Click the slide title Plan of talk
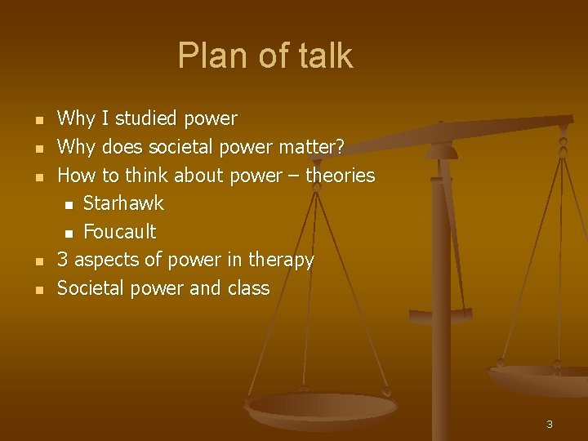[x=265, y=56]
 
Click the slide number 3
[x=549, y=424]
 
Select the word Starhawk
[x=123, y=203]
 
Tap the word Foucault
[x=119, y=232]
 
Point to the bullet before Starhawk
[x=69, y=205]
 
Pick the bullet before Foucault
[x=69, y=234]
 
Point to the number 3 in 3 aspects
[x=62, y=261]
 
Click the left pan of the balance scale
[x=322, y=406]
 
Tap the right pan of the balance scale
[x=539, y=378]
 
